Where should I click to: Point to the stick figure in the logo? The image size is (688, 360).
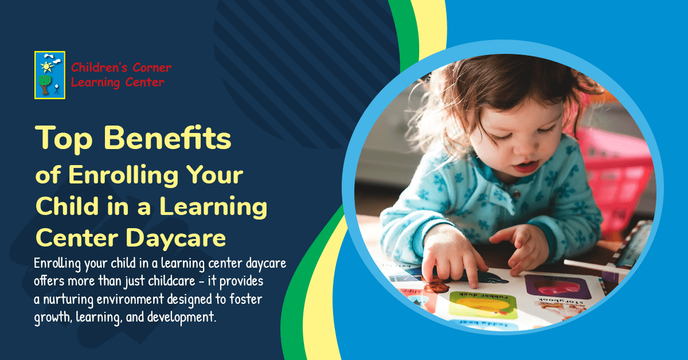point(57,89)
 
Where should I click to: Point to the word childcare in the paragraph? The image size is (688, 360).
point(183,282)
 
